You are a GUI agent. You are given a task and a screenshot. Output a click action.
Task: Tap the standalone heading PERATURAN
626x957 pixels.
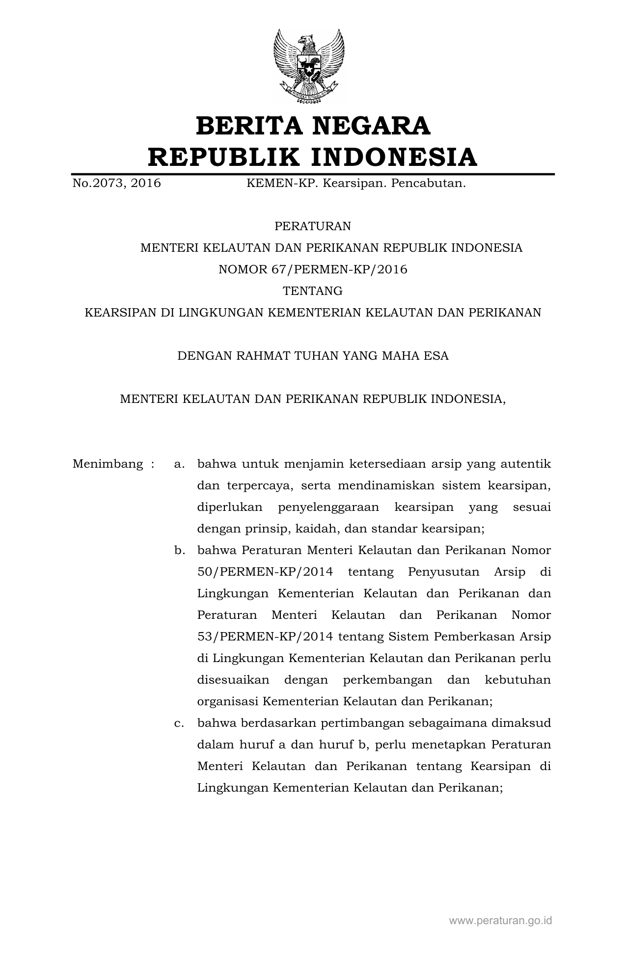(313, 226)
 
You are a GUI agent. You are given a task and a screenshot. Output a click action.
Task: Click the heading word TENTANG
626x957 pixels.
(313, 291)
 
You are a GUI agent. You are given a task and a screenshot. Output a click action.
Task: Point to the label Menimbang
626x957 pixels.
(108, 464)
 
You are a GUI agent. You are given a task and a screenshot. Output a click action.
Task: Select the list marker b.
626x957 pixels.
(179, 550)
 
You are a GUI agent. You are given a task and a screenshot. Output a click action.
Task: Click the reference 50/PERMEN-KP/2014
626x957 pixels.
(265, 572)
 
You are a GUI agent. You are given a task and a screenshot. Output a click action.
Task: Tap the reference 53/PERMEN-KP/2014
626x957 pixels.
(265, 637)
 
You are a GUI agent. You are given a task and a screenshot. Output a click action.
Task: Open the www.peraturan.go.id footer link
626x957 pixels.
(500, 920)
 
